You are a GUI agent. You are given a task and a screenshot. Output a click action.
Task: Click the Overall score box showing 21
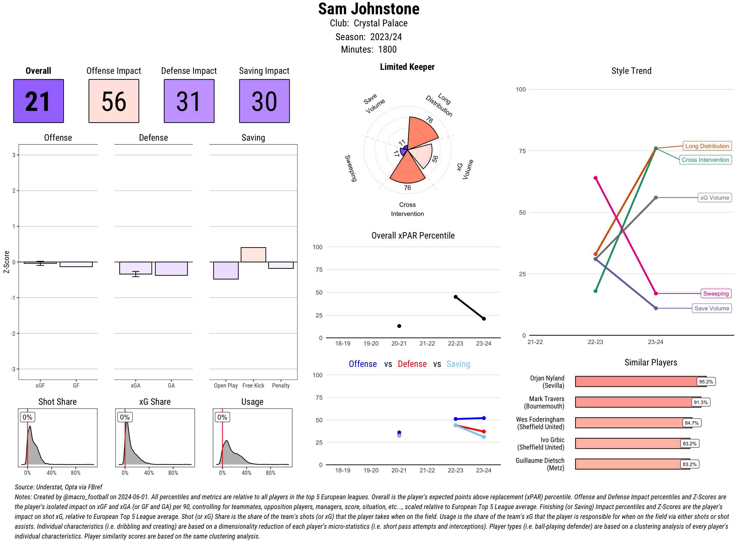(38, 101)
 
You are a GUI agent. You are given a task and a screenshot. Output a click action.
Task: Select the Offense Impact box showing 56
(114, 101)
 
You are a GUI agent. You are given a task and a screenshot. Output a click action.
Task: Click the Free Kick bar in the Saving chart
(253, 255)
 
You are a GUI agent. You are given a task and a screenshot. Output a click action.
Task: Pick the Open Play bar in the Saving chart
(226, 270)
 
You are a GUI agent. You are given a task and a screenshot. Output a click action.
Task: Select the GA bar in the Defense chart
(171, 269)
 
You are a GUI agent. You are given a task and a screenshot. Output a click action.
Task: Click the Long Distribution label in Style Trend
(707, 146)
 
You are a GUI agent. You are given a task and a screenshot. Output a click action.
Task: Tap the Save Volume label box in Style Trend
(711, 308)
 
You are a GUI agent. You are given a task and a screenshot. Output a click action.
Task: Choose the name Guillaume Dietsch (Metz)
(540, 464)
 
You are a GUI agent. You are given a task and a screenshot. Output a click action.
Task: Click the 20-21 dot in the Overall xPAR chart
(399, 326)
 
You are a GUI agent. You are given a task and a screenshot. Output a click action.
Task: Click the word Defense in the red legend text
(412, 364)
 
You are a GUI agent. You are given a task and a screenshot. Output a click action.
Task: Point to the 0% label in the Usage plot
(222, 417)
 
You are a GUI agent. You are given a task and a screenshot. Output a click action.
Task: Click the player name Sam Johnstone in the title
(369, 9)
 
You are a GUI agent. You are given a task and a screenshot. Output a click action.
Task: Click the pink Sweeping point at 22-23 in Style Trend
(596, 178)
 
